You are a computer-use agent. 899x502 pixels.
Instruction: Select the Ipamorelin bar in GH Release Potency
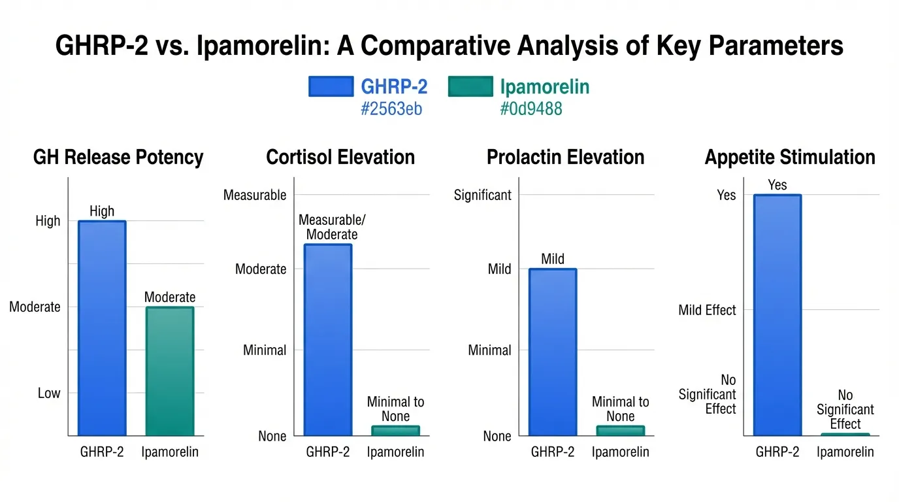click(x=170, y=371)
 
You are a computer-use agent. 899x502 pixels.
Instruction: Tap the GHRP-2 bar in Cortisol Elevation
click(x=328, y=340)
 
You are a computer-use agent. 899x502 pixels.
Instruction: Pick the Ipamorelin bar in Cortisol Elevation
click(x=396, y=431)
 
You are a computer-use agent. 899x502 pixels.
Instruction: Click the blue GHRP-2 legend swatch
click(x=331, y=86)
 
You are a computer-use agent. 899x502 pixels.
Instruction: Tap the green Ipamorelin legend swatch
click(x=470, y=86)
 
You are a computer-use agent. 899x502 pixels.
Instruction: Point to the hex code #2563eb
click(x=391, y=109)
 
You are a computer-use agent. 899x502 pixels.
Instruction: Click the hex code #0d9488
click(x=531, y=109)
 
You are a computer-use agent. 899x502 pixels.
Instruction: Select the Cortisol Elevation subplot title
click(x=340, y=158)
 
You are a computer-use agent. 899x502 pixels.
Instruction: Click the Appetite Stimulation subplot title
click(x=790, y=158)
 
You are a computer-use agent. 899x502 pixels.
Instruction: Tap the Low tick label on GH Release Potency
click(x=49, y=393)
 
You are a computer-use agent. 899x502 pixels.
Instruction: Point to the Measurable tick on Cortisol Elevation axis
click(x=255, y=195)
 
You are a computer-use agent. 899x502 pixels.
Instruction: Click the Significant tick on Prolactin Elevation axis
click(x=483, y=195)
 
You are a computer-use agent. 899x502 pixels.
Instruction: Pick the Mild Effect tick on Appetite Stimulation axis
click(x=707, y=310)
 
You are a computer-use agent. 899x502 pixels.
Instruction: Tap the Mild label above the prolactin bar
click(x=553, y=259)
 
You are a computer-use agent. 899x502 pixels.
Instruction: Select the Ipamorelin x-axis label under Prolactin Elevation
click(x=621, y=452)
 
